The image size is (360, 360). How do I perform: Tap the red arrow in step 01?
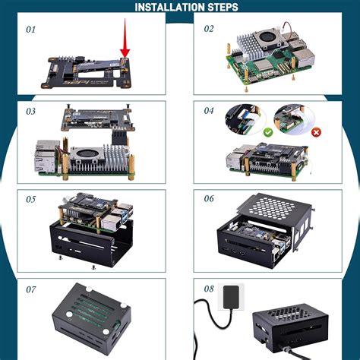pyautogui.click(x=125, y=46)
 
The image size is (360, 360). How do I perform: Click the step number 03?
pyautogui.click(x=31, y=111)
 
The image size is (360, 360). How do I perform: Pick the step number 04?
pyautogui.click(x=210, y=111)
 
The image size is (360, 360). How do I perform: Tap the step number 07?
pyautogui.click(x=31, y=289)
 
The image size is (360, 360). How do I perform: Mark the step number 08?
pyautogui.click(x=210, y=289)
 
